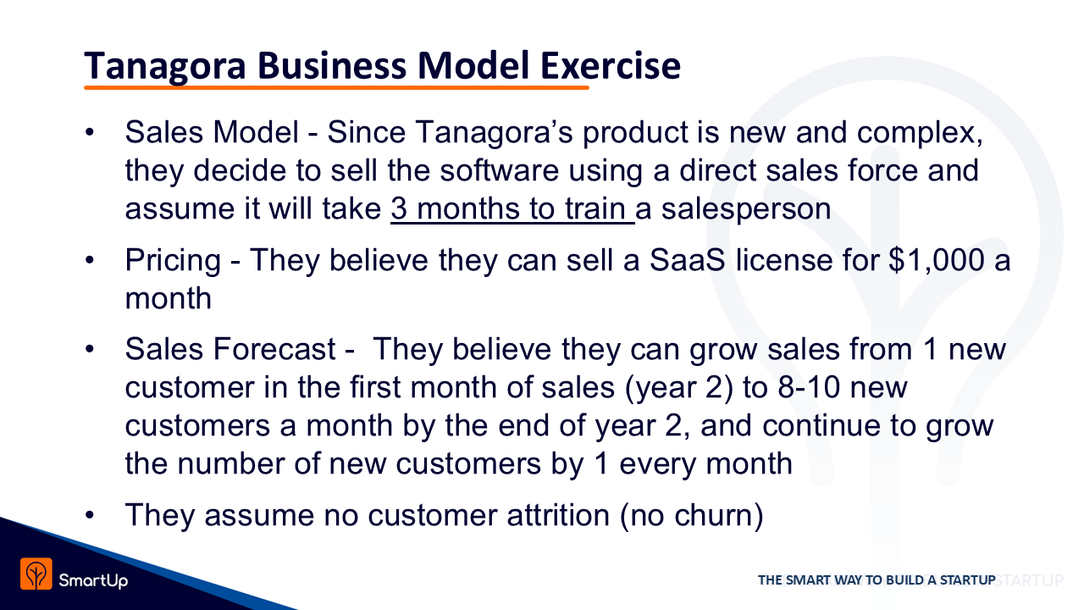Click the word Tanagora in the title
pyautogui.click(x=165, y=66)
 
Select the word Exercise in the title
pyautogui.click(x=611, y=65)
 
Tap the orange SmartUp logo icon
pyautogui.click(x=36, y=574)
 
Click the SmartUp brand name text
pyautogui.click(x=93, y=580)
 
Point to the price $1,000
pyautogui.click(x=937, y=260)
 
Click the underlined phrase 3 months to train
pyautogui.click(x=512, y=208)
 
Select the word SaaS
pyautogui.click(x=687, y=260)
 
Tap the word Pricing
pyautogui.click(x=173, y=261)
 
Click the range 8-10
pyautogui.click(x=809, y=387)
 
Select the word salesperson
pyautogui.click(x=746, y=209)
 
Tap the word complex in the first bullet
pyautogui.click(x=920, y=133)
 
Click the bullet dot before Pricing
pyautogui.click(x=90, y=260)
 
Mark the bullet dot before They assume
pyautogui.click(x=90, y=515)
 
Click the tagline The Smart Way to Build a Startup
pyautogui.click(x=877, y=580)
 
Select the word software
pyautogui.click(x=500, y=170)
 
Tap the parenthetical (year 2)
pyautogui.click(x=679, y=388)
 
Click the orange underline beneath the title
pyautogui.click(x=336, y=87)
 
